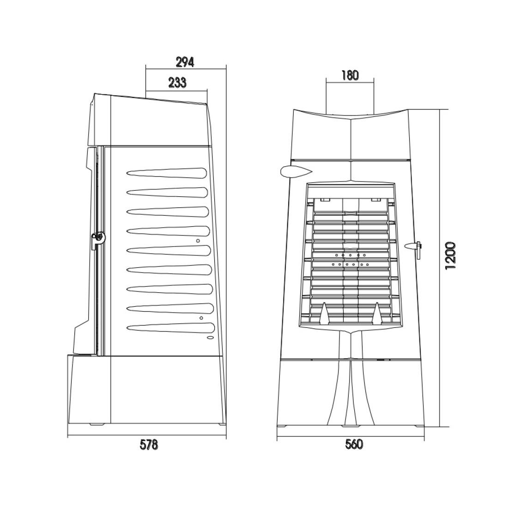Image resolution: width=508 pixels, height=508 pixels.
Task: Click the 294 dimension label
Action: pos(185,62)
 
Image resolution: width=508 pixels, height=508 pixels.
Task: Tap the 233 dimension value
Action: pos(177,83)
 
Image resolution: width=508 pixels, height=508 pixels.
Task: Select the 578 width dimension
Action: pos(149,445)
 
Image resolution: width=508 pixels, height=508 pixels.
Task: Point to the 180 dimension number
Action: pos(350,75)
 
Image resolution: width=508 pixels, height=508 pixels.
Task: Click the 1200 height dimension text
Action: pos(450,256)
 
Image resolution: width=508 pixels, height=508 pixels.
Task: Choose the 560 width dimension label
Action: pos(354,444)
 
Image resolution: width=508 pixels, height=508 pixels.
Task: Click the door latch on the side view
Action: pos(98,240)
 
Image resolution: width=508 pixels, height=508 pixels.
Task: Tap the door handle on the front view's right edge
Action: pos(415,248)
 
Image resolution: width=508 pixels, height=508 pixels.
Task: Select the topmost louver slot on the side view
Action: pos(167,173)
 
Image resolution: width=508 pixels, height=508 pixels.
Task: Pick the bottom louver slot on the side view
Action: pos(171,328)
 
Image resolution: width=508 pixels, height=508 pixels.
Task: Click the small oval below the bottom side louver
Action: pos(210,338)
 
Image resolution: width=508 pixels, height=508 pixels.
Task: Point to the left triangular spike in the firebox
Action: pos(324,313)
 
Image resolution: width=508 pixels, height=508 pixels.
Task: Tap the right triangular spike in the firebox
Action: pos(377,313)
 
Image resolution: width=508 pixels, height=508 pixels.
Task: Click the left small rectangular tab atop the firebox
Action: pos(324,200)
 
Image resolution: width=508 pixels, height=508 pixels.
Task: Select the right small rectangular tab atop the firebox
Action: pos(375,200)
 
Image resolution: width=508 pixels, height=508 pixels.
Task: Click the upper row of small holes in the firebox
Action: pos(350,255)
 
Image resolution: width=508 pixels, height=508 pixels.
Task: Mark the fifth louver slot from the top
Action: pos(169,250)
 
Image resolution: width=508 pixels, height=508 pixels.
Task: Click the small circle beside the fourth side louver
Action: pos(198,241)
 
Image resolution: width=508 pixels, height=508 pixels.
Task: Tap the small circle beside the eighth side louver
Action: pos(201,318)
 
